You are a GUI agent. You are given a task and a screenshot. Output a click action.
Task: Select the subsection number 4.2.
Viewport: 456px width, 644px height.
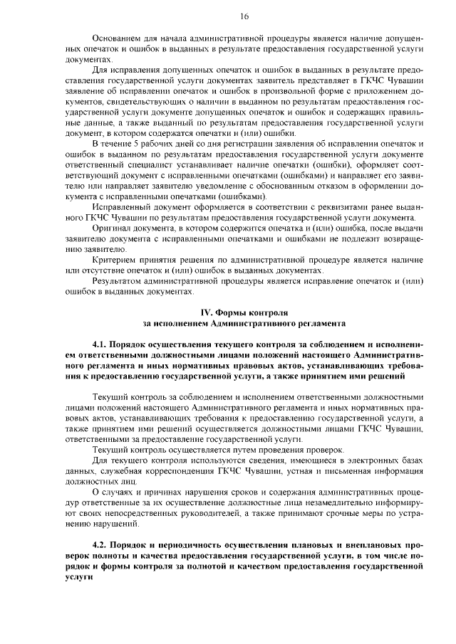pyautogui.click(x=100, y=545)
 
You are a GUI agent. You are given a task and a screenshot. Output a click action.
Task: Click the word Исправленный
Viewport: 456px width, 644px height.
pyautogui.click(x=120, y=206)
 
